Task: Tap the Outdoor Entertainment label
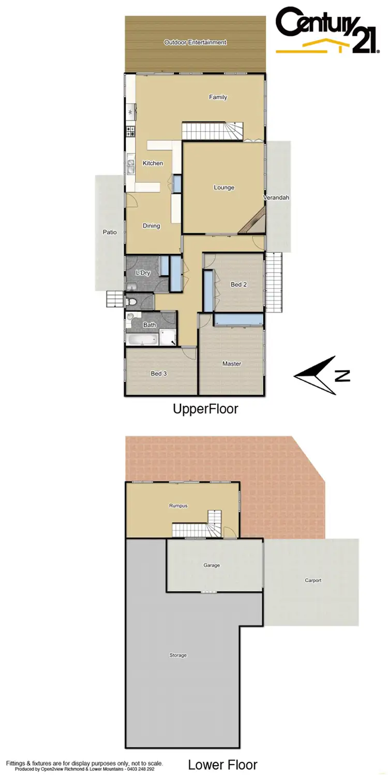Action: [x=195, y=42]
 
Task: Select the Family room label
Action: [x=218, y=97]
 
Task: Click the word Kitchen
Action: [x=153, y=163]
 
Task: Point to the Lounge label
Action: [x=224, y=188]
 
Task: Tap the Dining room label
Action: [x=151, y=226]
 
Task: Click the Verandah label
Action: [x=276, y=198]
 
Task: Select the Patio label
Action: [x=110, y=233]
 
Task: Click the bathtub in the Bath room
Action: [x=142, y=339]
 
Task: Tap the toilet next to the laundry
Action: [x=132, y=301]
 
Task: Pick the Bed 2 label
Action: [x=238, y=284]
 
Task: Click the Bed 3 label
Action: [x=158, y=374]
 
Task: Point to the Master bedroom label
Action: [x=232, y=364]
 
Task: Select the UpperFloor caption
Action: [x=205, y=409]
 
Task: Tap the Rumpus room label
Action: [x=177, y=506]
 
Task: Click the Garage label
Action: [x=212, y=565]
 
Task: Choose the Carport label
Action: [x=313, y=581]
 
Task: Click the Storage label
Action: [x=178, y=656]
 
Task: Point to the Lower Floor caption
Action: [x=222, y=765]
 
